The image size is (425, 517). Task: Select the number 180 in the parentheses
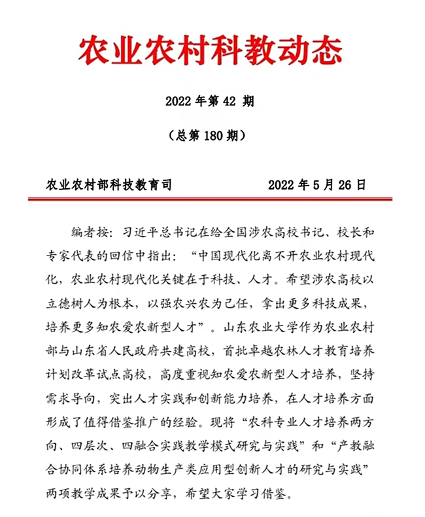tap(210, 136)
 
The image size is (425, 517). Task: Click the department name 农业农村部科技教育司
tap(109, 185)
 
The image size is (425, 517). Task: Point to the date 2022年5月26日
tap(316, 185)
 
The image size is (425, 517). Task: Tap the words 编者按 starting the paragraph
tap(88, 233)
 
